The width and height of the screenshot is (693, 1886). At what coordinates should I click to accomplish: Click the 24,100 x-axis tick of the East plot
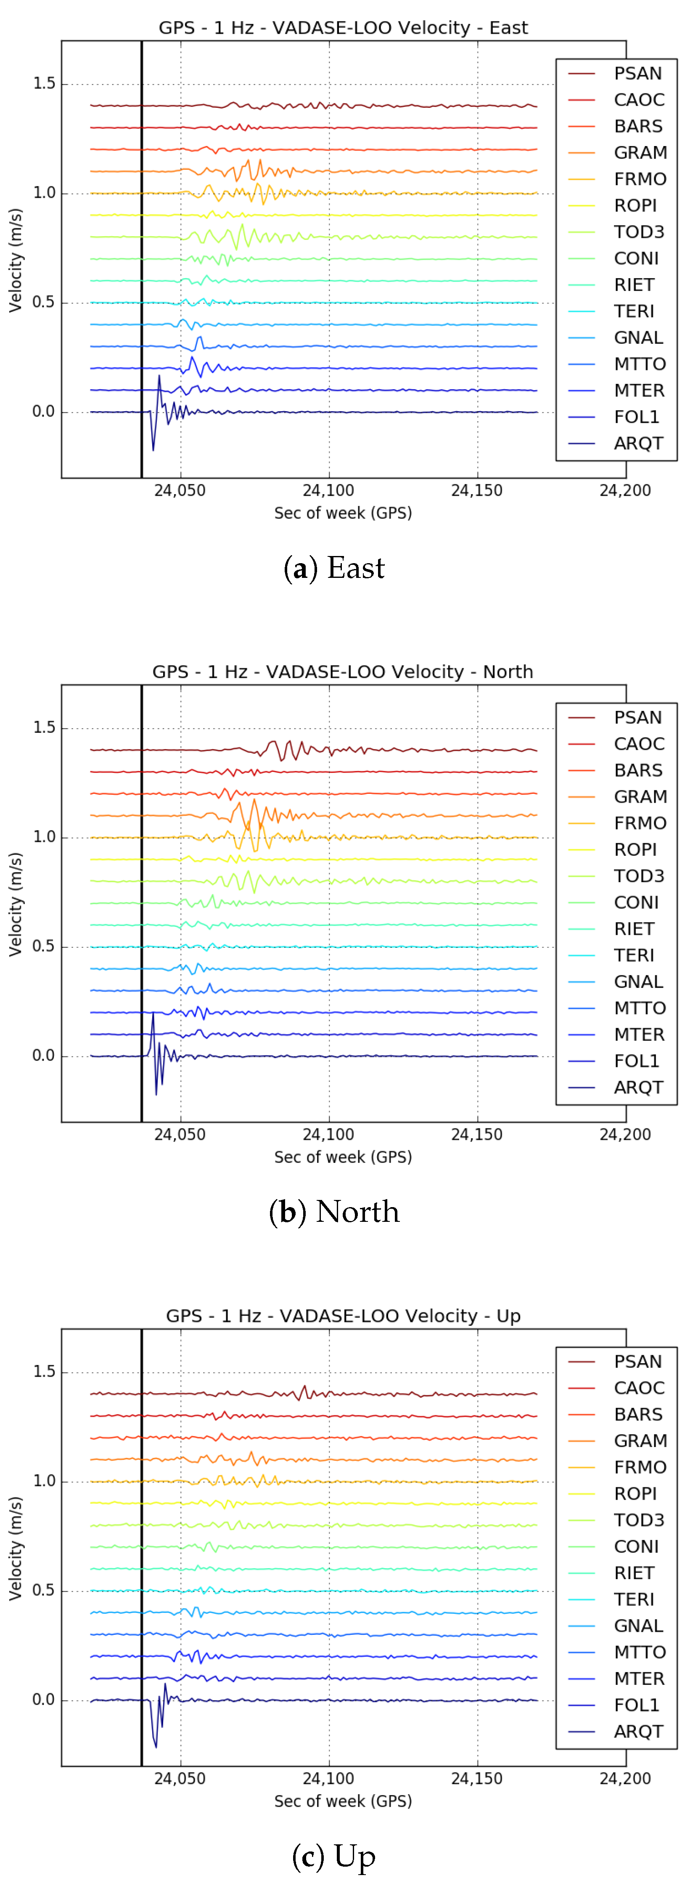pyautogui.click(x=328, y=490)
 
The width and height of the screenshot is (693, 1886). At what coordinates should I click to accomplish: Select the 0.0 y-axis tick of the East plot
pyautogui.click(x=44, y=412)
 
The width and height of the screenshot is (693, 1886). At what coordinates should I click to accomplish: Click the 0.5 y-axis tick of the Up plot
pyautogui.click(x=44, y=1590)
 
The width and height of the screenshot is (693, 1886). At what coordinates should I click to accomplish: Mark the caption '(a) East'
pyautogui.click(x=334, y=568)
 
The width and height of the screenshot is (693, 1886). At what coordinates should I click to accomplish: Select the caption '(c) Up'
pyautogui.click(x=334, y=1857)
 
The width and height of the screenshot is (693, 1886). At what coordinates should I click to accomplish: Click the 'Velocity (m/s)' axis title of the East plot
pyautogui.click(x=16, y=260)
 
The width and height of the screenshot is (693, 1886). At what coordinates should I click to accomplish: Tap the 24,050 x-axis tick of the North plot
pyautogui.click(x=180, y=1135)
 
